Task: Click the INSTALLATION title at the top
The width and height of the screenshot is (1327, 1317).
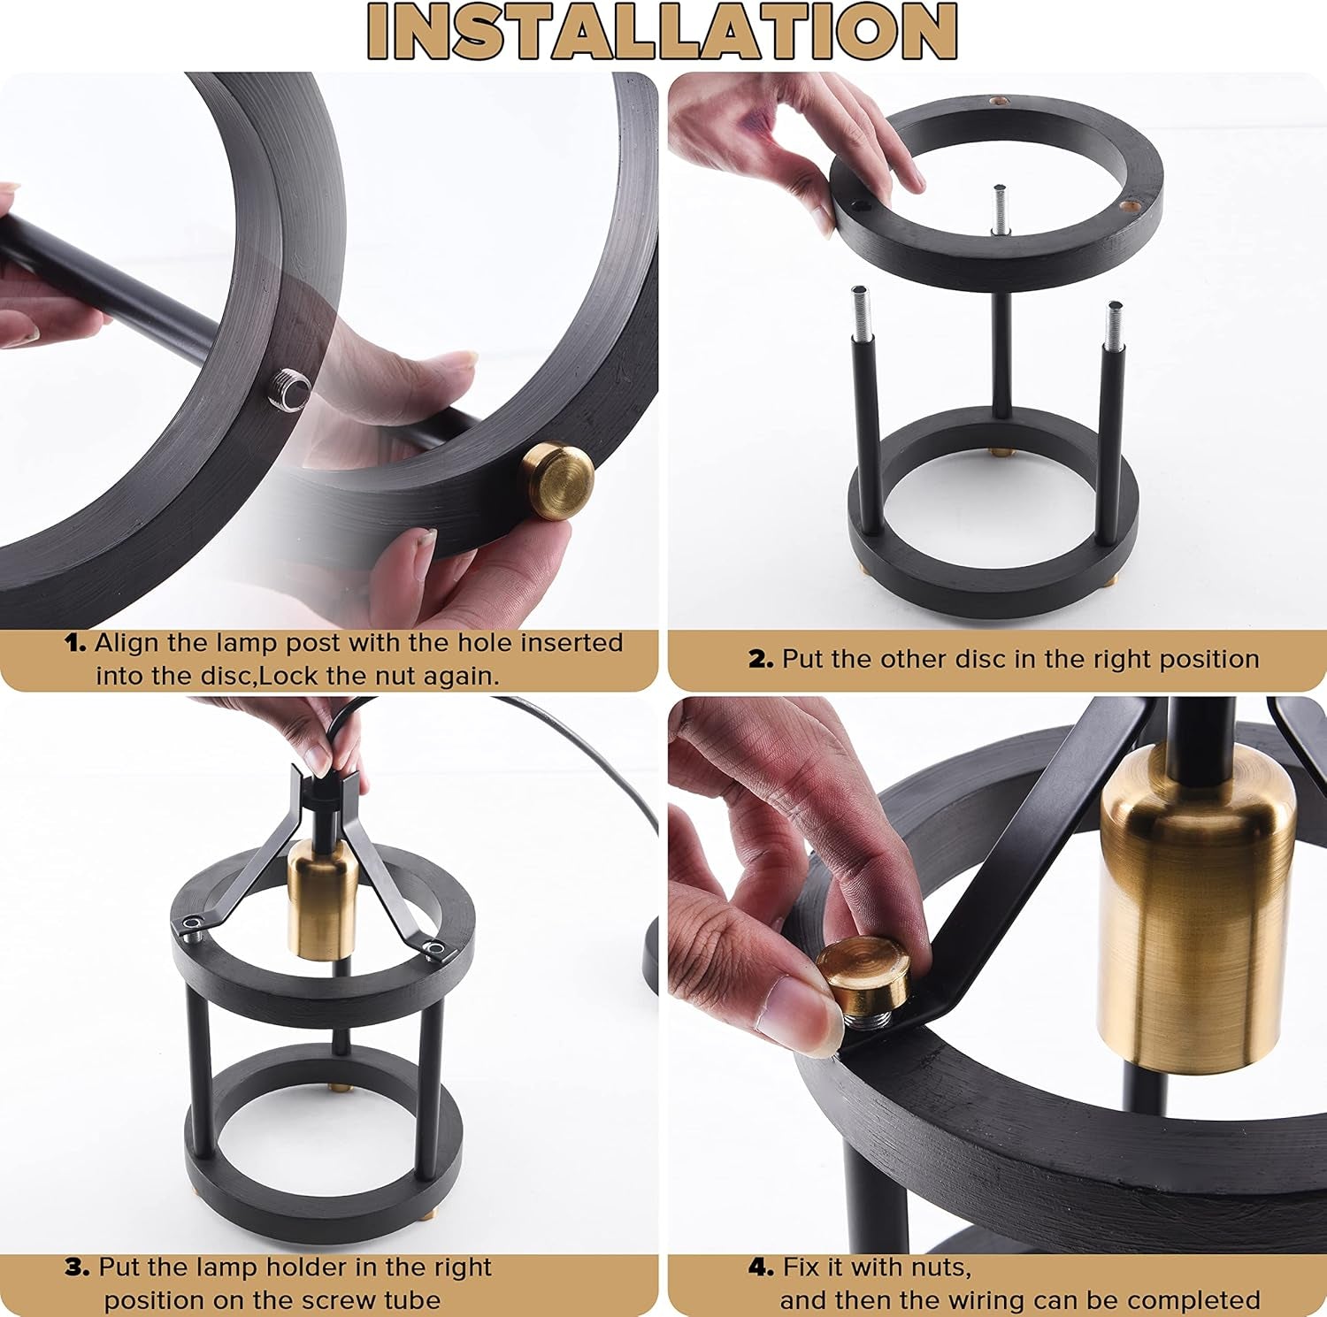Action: pyautogui.click(x=663, y=32)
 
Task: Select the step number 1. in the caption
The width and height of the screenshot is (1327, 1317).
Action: pyautogui.click(x=76, y=643)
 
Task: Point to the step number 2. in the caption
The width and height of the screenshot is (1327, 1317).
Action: pyautogui.click(x=761, y=660)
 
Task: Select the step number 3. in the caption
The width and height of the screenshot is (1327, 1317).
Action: pyautogui.click(x=77, y=1267)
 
